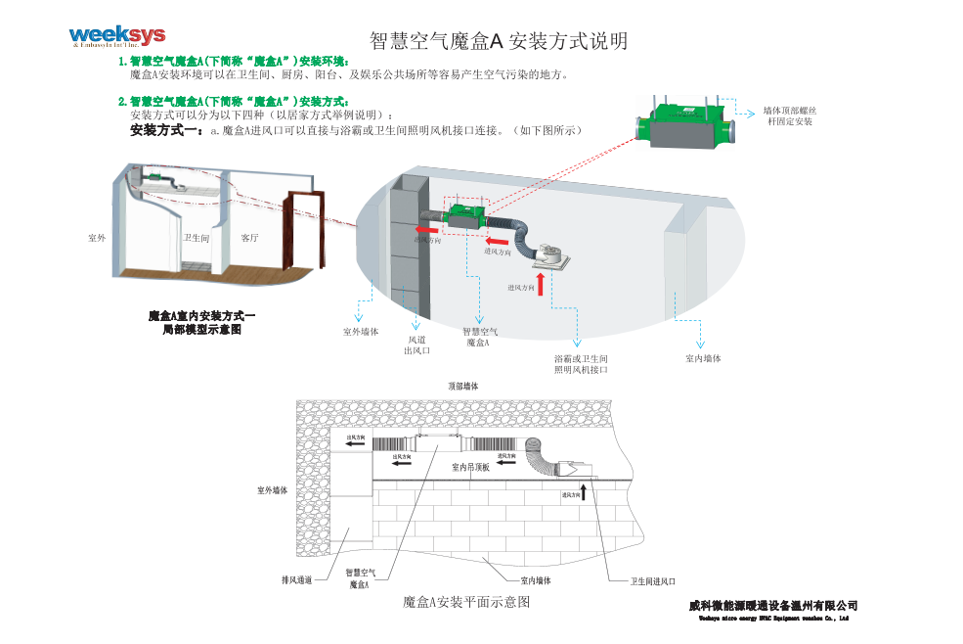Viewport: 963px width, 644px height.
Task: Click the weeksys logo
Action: [116, 36]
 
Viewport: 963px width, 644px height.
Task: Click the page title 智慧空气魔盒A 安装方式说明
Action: [499, 41]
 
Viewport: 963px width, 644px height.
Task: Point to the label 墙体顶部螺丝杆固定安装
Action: [789, 115]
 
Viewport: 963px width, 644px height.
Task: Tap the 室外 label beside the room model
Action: [97, 238]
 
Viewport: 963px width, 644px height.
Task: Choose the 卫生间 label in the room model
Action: [197, 238]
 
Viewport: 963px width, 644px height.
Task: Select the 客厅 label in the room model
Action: [249, 238]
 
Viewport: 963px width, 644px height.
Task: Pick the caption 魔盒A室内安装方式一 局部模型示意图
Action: [201, 322]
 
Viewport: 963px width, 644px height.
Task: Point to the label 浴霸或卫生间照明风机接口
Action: [581, 364]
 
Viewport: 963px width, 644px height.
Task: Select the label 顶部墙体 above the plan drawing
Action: [462, 387]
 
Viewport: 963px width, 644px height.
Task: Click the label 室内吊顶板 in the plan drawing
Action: [470, 468]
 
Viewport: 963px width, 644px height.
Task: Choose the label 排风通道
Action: [295, 580]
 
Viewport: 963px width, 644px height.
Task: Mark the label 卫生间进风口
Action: [652, 581]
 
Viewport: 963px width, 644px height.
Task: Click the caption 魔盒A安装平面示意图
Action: [466, 602]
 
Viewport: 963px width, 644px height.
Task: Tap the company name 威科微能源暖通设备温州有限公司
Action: [772, 606]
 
